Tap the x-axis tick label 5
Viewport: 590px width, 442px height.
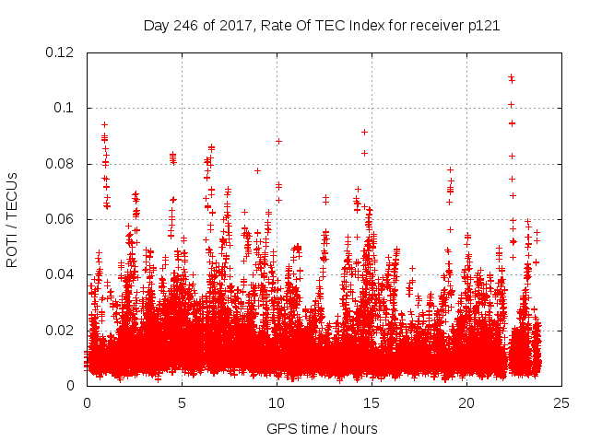coord(182,402)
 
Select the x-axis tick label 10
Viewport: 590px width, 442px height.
coord(277,402)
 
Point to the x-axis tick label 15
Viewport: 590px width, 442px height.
coord(372,402)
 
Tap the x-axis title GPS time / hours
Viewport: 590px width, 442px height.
coord(322,428)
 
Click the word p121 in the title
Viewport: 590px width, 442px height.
coord(482,26)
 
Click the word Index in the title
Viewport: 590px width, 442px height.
coord(352,26)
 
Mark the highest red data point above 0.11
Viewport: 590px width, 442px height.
coord(511,76)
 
